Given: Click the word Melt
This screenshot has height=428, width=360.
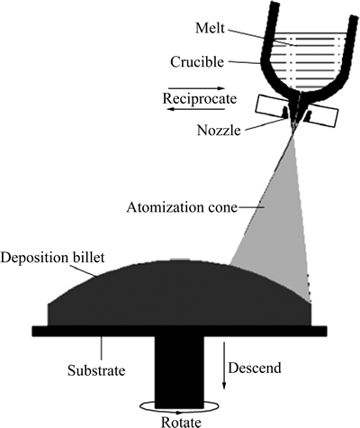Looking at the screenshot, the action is point(210,28).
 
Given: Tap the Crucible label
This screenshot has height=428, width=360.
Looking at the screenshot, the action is point(197,62).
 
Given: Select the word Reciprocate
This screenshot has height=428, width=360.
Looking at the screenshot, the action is point(200,98).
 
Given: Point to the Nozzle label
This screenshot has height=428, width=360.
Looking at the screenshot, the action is point(219,131).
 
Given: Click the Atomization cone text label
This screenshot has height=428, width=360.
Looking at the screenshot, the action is point(182,207).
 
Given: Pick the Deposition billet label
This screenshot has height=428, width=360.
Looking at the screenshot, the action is point(53,258).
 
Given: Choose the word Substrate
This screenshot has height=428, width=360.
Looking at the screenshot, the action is point(96,370).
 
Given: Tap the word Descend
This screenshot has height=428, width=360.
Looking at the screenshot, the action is point(255,368).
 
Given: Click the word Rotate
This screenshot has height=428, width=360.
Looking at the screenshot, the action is point(181,422).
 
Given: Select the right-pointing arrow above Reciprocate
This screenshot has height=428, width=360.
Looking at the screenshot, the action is point(196,88).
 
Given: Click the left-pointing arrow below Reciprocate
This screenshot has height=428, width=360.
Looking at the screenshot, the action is point(196,109).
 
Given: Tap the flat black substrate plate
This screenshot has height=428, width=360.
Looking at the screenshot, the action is point(179,331).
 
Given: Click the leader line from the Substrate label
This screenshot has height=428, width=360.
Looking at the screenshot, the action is point(102,349).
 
